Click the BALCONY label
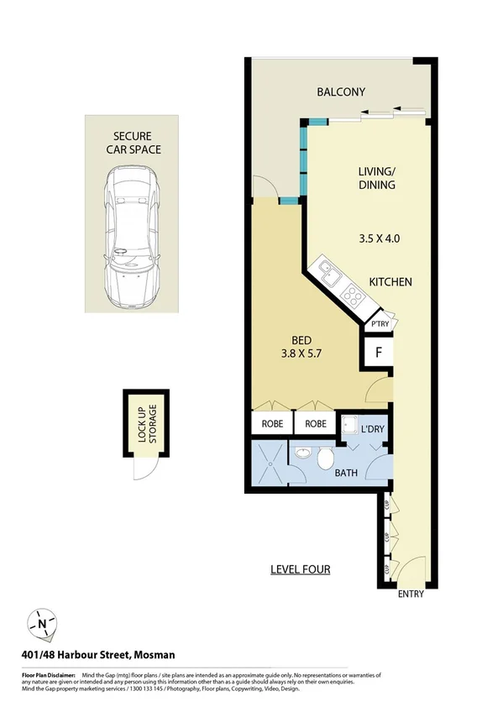[x=340, y=92]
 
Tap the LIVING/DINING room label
[x=377, y=178]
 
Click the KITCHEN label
[x=390, y=282]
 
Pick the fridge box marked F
[x=379, y=353]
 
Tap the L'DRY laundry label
[x=372, y=429]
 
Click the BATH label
[x=346, y=473]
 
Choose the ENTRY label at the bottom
[x=411, y=595]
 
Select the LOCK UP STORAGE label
[x=145, y=423]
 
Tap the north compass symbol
[x=41, y=625]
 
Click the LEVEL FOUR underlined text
[x=300, y=569]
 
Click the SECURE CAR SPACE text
[x=133, y=143]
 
